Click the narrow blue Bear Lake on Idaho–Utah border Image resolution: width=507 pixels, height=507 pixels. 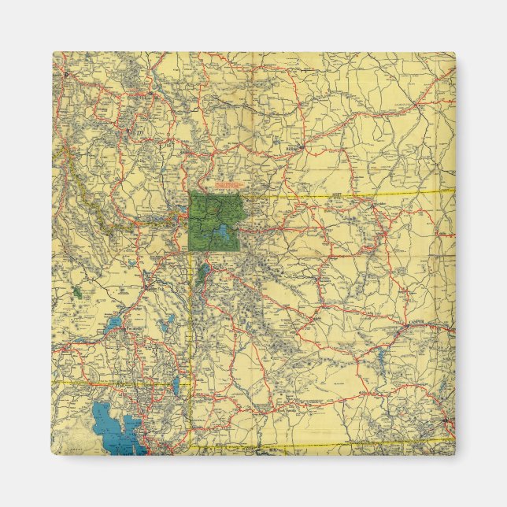pos(176,386)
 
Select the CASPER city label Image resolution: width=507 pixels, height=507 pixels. pos(416,322)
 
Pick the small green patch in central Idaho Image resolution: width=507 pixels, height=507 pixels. pos(77,291)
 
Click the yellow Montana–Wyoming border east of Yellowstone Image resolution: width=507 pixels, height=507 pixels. pos(354,194)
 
